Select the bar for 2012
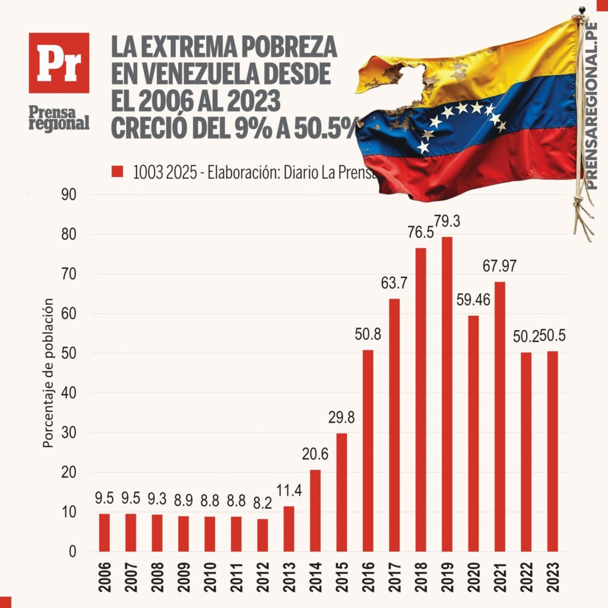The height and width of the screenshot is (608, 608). [x=262, y=534]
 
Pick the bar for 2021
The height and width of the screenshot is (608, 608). [x=499, y=416]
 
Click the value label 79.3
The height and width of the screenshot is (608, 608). [x=448, y=222]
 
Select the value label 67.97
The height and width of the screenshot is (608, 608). [x=499, y=267]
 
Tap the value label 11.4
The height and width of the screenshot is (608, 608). [x=289, y=492]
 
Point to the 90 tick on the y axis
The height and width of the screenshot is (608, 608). [x=69, y=195]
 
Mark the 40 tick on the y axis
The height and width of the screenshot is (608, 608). [x=69, y=393]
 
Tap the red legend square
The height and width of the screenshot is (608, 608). [x=117, y=172]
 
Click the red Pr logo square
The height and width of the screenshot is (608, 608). [x=59, y=63]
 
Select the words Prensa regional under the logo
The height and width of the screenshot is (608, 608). [x=59, y=117]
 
